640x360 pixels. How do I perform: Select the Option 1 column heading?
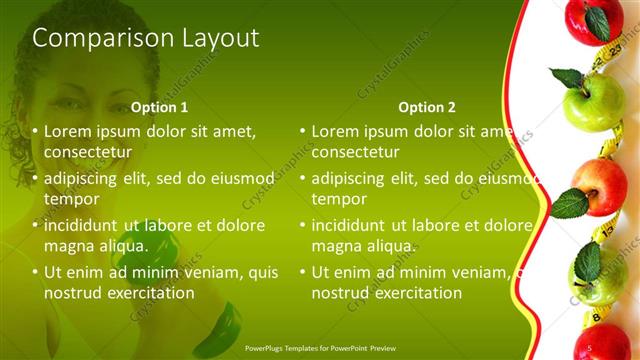click(x=160, y=107)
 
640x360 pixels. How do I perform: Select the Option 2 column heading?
click(x=426, y=107)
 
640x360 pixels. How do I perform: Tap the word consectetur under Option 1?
click(x=89, y=152)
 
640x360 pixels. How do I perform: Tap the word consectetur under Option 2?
click(x=356, y=152)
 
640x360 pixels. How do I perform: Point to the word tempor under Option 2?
click(x=339, y=199)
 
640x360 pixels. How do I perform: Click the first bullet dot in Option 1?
click(x=35, y=131)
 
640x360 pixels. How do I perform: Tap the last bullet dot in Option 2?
click(x=302, y=272)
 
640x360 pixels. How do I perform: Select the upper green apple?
click(x=597, y=100)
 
